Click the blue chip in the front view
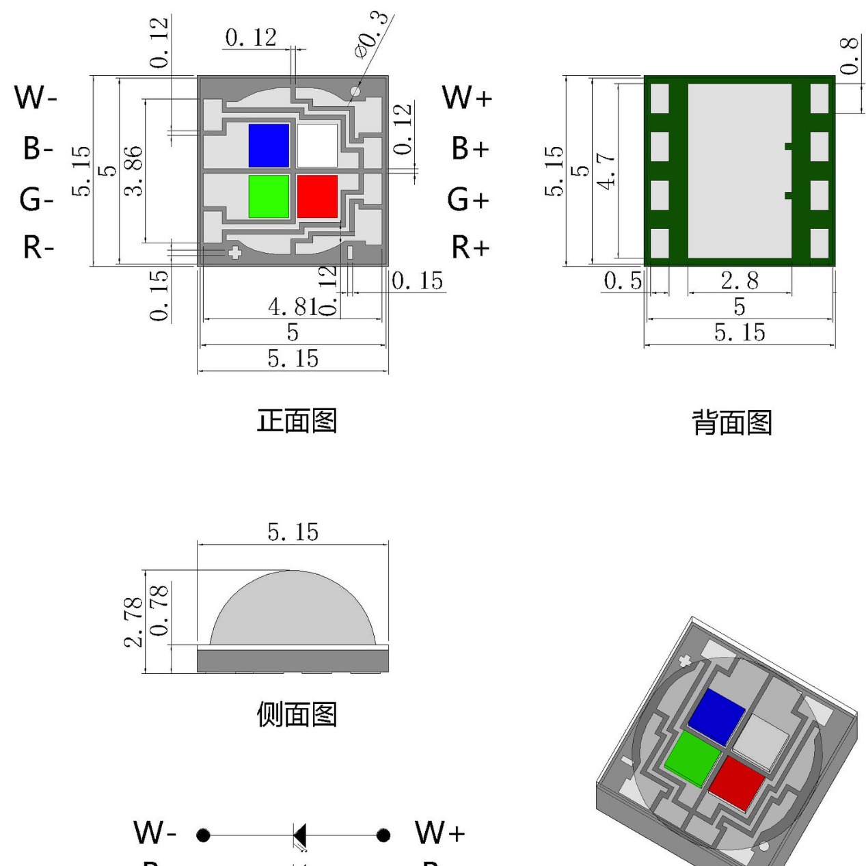click(x=269, y=146)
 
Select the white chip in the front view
click(x=317, y=146)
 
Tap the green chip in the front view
click(x=269, y=196)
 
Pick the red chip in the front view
click(x=317, y=196)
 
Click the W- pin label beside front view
click(x=36, y=98)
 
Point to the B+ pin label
click(x=470, y=148)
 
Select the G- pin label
click(x=36, y=200)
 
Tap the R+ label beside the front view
click(x=470, y=247)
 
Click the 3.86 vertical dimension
click(x=135, y=170)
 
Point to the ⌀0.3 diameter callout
click(x=373, y=36)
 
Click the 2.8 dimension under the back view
click(x=739, y=281)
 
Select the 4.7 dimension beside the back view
click(x=606, y=170)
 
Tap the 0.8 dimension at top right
click(x=848, y=55)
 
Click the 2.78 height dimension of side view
click(x=135, y=621)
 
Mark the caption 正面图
click(x=297, y=420)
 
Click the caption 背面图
click(x=732, y=422)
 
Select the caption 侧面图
click(x=297, y=714)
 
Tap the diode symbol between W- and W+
click(x=299, y=835)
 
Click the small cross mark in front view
click(x=234, y=253)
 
